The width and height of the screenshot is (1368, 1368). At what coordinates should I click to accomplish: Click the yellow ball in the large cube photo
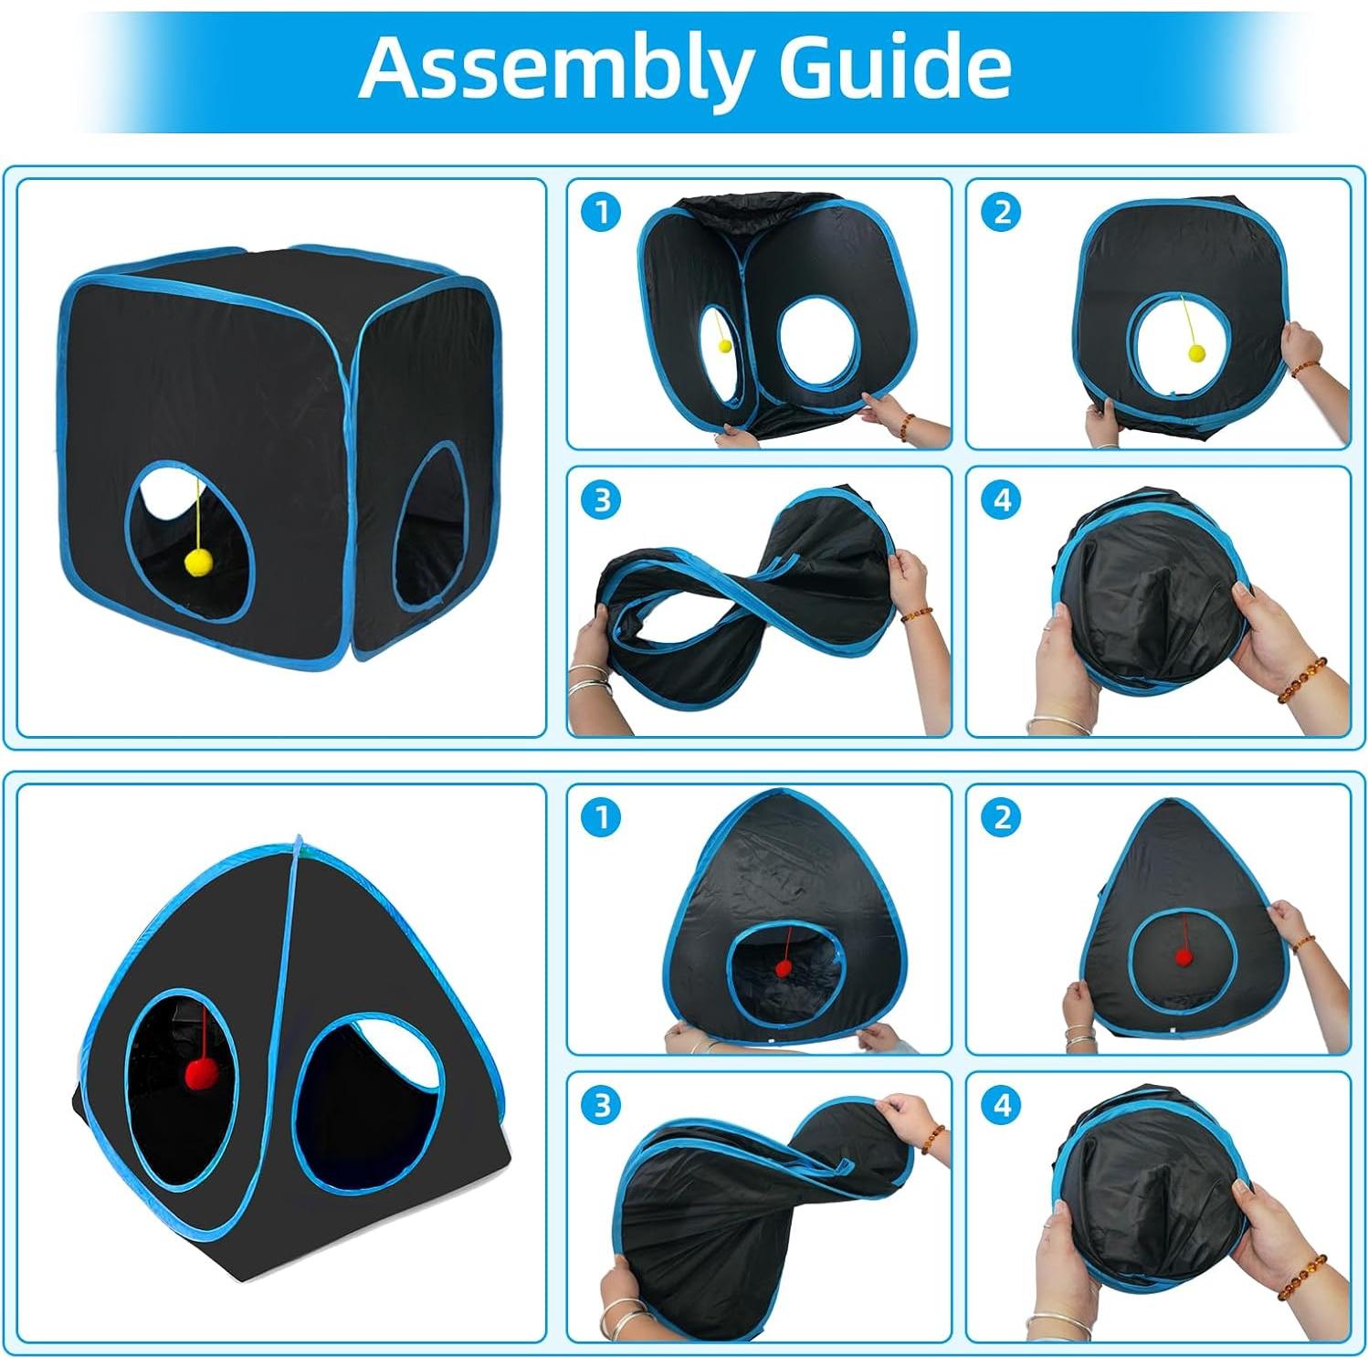198,563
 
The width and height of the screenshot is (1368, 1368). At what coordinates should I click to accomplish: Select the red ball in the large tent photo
199,1074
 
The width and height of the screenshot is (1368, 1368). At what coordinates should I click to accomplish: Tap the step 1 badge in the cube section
601,213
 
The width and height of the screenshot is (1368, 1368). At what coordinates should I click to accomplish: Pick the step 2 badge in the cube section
1002,213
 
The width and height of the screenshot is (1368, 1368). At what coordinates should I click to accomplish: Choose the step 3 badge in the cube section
601,500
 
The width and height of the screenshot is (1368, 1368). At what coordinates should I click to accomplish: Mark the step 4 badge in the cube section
1002,500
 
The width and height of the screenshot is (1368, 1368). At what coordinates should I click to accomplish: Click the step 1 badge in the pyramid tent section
601,817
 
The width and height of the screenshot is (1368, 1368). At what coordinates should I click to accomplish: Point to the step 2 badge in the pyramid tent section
1002,817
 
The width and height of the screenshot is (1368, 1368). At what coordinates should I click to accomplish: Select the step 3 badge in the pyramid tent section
601,1106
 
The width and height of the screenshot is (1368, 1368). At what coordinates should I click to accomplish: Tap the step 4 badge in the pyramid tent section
1002,1106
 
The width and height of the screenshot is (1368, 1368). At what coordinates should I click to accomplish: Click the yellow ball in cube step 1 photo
724,346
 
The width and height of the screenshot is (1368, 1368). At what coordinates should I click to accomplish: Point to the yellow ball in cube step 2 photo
1194,353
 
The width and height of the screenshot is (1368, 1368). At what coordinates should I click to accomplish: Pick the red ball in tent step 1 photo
784,968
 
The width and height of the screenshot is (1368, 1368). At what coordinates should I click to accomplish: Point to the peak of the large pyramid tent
297,839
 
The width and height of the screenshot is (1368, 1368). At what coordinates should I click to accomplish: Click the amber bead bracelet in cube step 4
1300,680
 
